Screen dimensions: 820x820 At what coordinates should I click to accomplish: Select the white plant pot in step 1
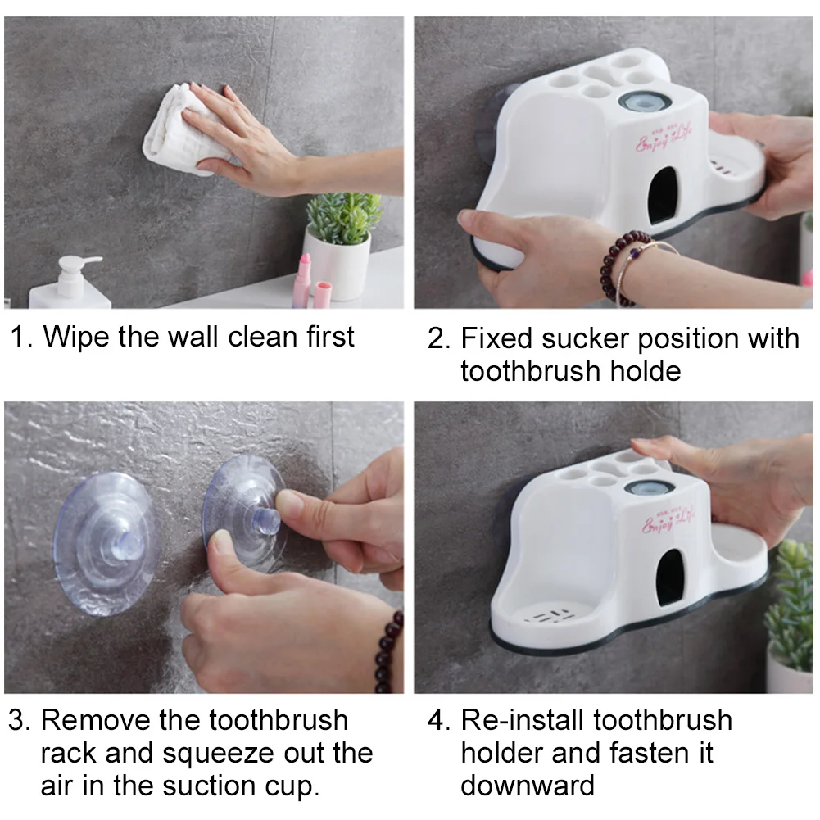[x=337, y=264]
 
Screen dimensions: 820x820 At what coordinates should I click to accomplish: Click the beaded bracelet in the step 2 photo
[x=623, y=268]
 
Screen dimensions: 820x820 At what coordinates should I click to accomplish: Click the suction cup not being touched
[x=106, y=544]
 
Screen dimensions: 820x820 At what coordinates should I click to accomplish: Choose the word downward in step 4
[x=528, y=786]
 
